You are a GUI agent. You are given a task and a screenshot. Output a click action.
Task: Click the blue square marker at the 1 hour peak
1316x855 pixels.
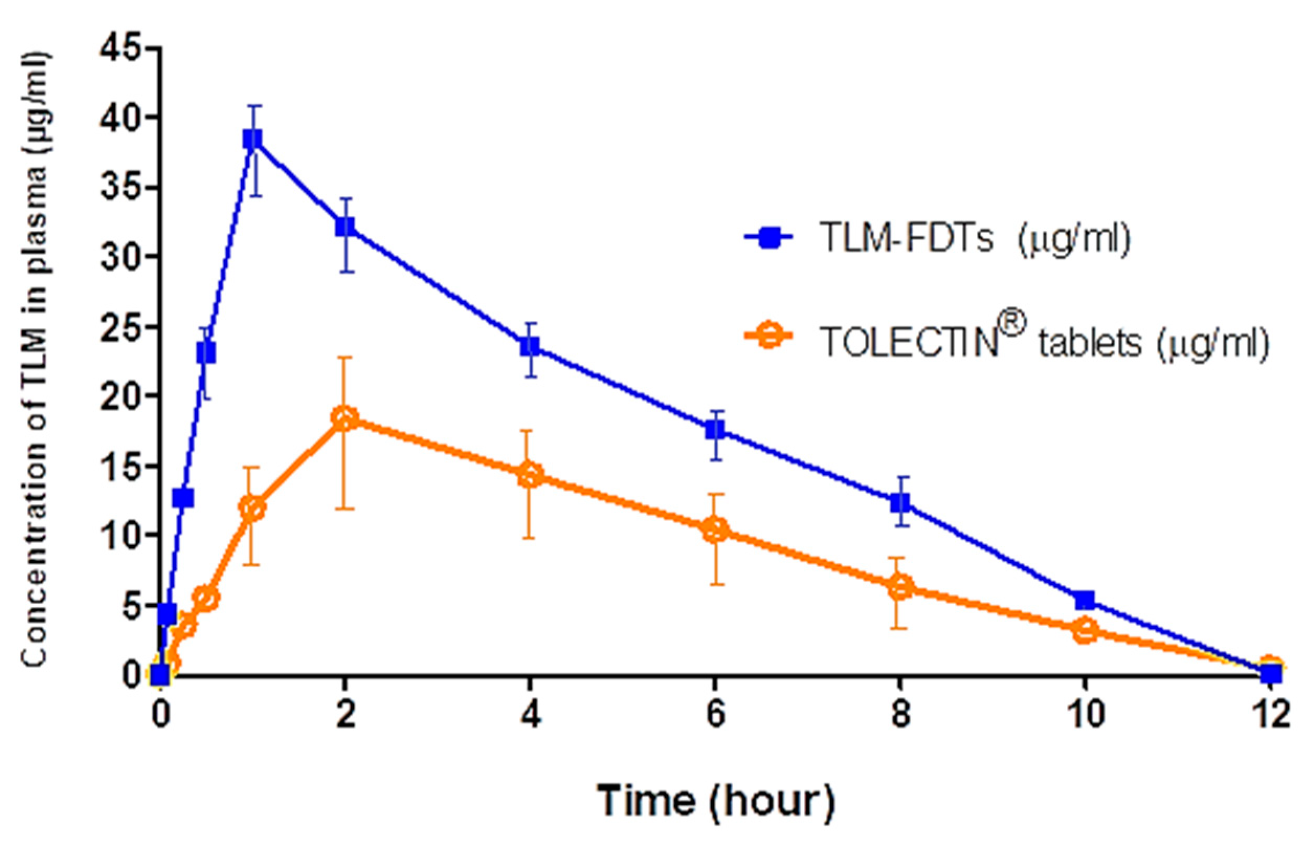(x=252, y=140)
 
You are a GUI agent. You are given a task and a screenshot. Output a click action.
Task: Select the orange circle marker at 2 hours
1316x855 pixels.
(x=344, y=419)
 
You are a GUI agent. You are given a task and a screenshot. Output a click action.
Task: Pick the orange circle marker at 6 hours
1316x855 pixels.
(x=715, y=530)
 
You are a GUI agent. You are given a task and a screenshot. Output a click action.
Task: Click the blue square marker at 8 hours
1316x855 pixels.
(x=900, y=502)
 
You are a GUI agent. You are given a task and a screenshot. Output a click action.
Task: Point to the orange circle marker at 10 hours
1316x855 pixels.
(x=1085, y=631)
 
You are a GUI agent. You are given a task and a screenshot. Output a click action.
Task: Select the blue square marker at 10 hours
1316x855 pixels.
(x=1085, y=600)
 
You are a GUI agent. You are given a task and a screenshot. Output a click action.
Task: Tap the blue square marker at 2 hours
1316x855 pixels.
(x=344, y=227)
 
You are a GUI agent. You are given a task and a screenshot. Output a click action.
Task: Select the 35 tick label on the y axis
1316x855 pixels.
(x=118, y=188)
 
